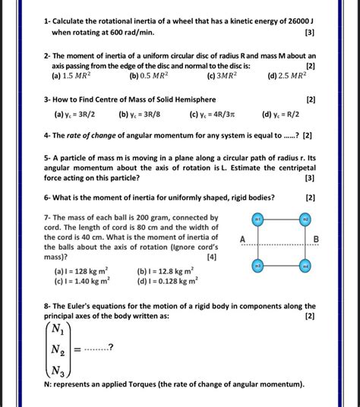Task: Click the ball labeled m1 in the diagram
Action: (257, 219)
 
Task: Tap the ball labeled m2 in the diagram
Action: (305, 219)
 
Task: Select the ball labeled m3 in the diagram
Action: (257, 266)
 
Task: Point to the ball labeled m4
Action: (305, 266)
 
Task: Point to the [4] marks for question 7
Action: (211, 257)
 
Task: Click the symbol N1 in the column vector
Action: (58, 328)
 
